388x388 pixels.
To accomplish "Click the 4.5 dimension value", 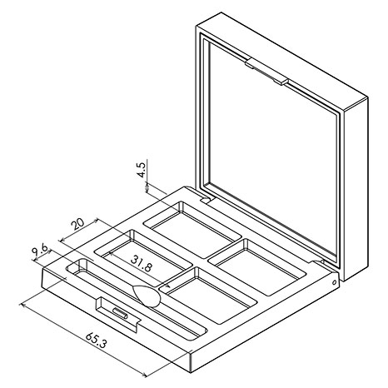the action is [142, 169].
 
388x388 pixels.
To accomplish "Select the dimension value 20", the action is [77, 226].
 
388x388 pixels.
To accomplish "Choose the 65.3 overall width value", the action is [96, 341].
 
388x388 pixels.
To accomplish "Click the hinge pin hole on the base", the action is [335, 282].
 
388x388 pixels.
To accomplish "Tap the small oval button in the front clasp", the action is [120, 312].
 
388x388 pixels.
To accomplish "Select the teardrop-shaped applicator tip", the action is [147, 296].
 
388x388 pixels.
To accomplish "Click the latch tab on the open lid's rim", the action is [266, 72].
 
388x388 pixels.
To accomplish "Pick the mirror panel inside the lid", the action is [272, 147].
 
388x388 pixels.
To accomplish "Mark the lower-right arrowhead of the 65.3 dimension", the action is [144, 376].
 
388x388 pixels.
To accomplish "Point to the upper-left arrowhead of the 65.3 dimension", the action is [22, 305].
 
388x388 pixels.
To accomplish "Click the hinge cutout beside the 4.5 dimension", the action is [206, 199].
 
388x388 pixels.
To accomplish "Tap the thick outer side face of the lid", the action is [356, 189].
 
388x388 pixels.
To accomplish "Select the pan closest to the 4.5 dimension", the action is [192, 229].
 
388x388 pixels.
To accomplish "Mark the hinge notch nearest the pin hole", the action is [318, 261].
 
